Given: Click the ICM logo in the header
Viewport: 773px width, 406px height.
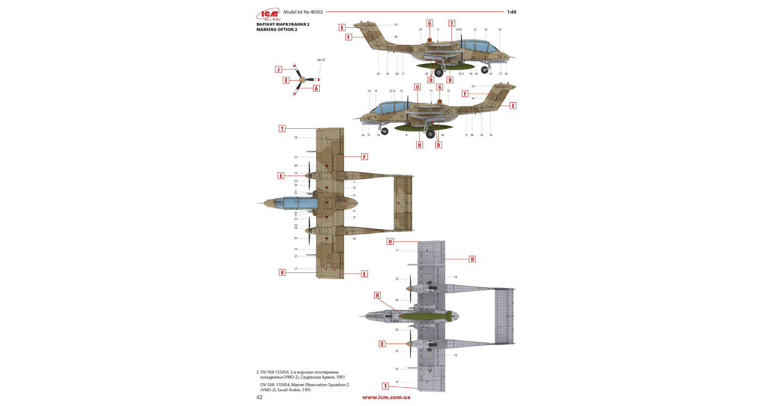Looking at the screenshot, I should click(268, 14).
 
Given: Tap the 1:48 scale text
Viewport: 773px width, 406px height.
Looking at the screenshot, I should click(512, 12).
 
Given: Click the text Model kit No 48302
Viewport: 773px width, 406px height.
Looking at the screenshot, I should click(303, 12).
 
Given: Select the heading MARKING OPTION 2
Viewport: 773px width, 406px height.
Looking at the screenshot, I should click(277, 30).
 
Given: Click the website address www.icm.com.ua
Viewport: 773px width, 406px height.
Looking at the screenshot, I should click(386, 397).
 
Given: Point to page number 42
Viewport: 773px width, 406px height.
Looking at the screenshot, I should click(259, 397).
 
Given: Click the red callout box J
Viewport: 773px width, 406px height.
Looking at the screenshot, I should click(279, 70).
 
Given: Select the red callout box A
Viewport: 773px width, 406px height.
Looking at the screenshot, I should click(316, 88).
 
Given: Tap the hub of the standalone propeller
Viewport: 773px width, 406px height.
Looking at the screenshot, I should click(302, 80).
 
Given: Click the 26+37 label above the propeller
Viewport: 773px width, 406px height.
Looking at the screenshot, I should click(321, 60).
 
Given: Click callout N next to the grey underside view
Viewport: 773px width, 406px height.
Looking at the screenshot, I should click(377, 295).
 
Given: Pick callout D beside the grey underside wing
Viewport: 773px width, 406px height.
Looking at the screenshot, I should click(472, 259).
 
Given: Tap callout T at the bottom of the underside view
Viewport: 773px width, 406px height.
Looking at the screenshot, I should click(386, 386).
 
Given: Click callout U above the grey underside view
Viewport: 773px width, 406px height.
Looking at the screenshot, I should click(390, 241).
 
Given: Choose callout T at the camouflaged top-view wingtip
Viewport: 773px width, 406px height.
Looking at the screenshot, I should click(282, 129).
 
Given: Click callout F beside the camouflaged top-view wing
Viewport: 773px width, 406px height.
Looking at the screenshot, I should click(365, 156).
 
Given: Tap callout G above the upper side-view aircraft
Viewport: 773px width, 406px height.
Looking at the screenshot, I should click(429, 23).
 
